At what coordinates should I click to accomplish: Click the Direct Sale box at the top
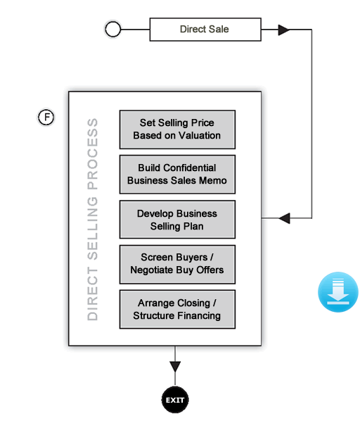[x=205, y=30]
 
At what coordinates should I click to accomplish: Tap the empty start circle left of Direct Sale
[x=112, y=30]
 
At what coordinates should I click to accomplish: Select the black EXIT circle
[x=175, y=400]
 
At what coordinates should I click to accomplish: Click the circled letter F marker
[x=46, y=117]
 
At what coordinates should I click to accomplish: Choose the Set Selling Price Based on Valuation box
[x=176, y=129]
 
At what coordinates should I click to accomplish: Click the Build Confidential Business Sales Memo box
[x=176, y=174]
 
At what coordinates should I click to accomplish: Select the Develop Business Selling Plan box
[x=176, y=220]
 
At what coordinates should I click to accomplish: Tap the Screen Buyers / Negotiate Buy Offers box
[x=176, y=264]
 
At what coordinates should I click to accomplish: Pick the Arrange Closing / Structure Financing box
[x=176, y=309]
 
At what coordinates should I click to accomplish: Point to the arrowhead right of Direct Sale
[x=283, y=30]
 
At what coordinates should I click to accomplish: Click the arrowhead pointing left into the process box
[x=284, y=218]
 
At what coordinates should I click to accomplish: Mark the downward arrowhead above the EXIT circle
[x=175, y=367]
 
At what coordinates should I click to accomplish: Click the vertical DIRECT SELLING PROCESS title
[x=93, y=219]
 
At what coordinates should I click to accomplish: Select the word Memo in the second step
[x=212, y=180]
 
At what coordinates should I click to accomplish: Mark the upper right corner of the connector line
[x=311, y=30]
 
